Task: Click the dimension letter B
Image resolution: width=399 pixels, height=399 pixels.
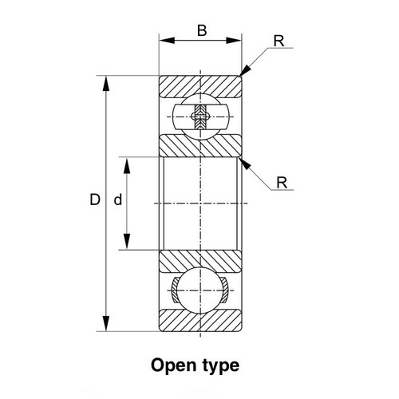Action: [x=202, y=30]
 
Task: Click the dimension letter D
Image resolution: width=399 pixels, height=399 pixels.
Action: [x=95, y=199]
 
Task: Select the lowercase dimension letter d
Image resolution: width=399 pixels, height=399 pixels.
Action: [x=118, y=199]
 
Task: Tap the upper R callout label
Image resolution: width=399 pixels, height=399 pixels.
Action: [x=279, y=41]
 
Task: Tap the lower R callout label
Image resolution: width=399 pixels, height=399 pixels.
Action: [x=282, y=183]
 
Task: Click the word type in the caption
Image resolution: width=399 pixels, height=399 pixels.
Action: [x=220, y=366]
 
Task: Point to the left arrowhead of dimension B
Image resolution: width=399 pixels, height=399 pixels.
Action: [x=167, y=41]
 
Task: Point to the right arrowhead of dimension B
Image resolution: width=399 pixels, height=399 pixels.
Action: [x=234, y=41]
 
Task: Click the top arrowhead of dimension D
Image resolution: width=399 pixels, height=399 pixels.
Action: [x=106, y=84]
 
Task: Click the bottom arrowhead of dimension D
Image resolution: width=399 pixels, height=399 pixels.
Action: [x=106, y=323]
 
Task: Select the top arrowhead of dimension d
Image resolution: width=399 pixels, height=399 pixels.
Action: [x=127, y=165]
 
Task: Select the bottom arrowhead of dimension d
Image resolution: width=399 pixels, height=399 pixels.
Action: [x=127, y=241]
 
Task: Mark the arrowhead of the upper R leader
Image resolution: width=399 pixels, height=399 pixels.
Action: [x=246, y=70]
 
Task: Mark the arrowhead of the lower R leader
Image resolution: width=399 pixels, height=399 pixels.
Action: [x=245, y=164]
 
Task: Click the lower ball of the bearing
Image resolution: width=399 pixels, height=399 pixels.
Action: [x=200, y=290]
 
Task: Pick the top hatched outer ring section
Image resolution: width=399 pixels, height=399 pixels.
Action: [x=200, y=86]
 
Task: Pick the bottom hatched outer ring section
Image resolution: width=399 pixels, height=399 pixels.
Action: [x=200, y=320]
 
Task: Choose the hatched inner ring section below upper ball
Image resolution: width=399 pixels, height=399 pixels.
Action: [x=200, y=146]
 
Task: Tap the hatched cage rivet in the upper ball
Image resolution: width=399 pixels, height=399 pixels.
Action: [x=200, y=117]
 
